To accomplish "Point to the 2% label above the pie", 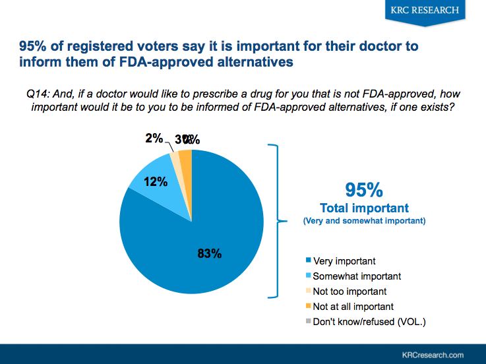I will click(154, 138).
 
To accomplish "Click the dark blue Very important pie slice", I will click(198, 251).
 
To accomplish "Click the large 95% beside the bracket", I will click(364, 190).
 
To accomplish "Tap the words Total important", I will click(364, 208).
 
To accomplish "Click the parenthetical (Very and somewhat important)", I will click(364, 222).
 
